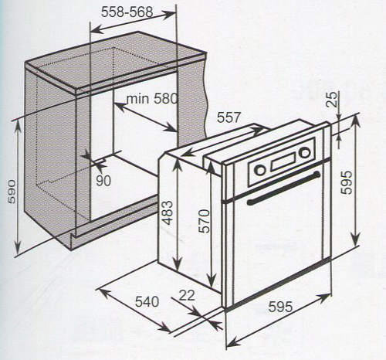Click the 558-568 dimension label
coord(127,12)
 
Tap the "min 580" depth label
coord(152,98)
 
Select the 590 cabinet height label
coord(12,192)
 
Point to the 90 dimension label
coord(103,181)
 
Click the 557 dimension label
coord(229,117)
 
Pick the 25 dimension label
coord(333,99)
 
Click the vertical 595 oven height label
coord(346,182)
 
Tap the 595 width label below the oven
coord(280,307)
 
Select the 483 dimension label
coord(168,212)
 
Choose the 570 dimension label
coord(205,221)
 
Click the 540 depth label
coord(147,301)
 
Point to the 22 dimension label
coord(187,295)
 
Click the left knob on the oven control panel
coord(260,170)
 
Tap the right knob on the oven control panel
coord(305,153)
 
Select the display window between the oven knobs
coord(283,162)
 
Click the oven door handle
coord(283,188)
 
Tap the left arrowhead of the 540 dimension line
coord(103,293)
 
